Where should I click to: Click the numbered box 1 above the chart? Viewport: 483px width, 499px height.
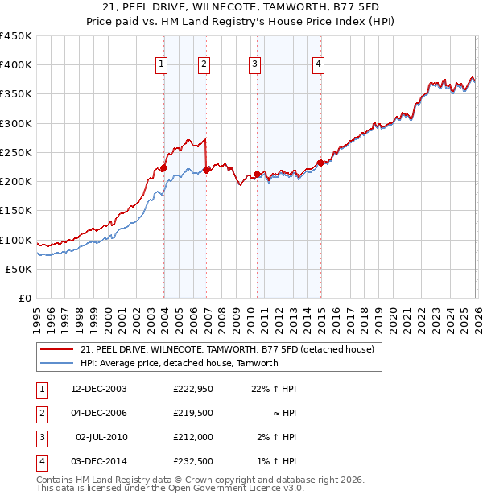tap(162, 65)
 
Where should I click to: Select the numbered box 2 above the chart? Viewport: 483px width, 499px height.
tap(204, 65)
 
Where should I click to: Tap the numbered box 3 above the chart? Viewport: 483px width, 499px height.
tap(254, 65)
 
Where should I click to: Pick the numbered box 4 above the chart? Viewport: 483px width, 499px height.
tap(319, 65)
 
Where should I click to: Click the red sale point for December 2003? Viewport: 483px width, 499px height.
tap(163, 168)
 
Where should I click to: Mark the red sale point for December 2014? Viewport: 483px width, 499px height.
tap(320, 163)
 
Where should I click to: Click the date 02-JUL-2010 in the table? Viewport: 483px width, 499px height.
tap(101, 439)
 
